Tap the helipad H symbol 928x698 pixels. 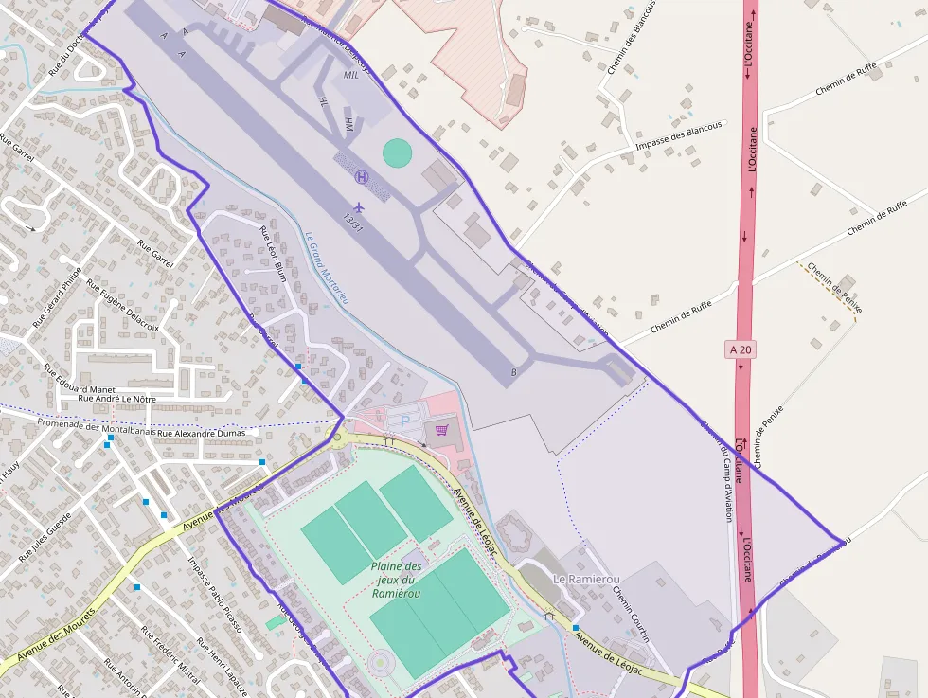coord(361,176)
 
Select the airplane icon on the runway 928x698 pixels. coord(358,206)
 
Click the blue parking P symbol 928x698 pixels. coord(406,419)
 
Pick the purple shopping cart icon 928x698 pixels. coord(440,430)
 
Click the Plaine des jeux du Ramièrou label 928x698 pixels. coord(395,580)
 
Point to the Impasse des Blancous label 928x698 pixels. coord(678,134)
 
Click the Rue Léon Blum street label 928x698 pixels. coord(273,255)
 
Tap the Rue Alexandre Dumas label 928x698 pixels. coord(207,433)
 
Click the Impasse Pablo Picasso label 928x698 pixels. coord(215,596)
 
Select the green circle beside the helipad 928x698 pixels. coord(398,152)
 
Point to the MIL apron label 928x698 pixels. coord(351,75)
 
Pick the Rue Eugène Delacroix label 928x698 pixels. coord(123,304)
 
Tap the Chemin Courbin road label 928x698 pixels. coord(631,614)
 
